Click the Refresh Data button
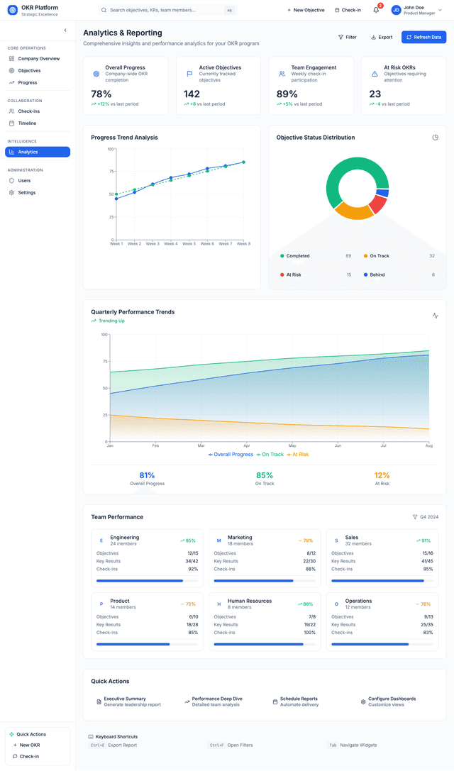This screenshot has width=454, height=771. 423,37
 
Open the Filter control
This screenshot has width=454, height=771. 348,37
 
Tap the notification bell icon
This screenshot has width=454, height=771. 376,10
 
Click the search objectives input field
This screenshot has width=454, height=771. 163,10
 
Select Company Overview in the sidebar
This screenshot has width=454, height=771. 38,59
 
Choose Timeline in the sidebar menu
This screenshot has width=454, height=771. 27,123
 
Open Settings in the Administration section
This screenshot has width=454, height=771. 26,192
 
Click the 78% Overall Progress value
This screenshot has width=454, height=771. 101,94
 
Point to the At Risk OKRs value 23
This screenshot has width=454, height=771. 375,94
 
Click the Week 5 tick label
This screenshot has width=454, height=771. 189,244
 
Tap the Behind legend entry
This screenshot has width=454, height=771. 377,274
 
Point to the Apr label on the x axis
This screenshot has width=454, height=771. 247,445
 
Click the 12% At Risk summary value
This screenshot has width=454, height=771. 382,475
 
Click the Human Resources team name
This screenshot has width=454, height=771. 249,601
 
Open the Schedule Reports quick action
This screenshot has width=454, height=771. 299,699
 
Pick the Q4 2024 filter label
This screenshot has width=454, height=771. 428,517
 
